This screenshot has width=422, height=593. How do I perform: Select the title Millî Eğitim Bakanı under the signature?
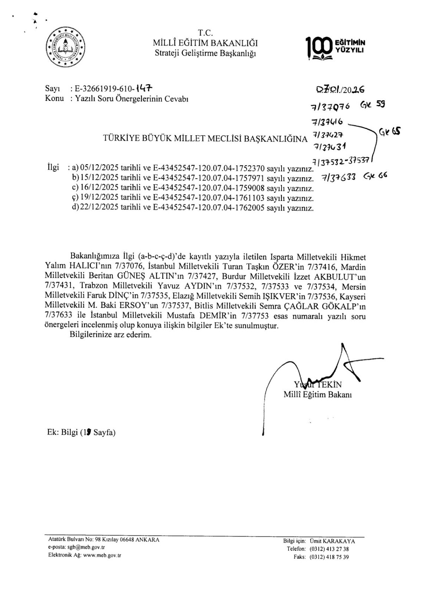pyautogui.click(x=317, y=394)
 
